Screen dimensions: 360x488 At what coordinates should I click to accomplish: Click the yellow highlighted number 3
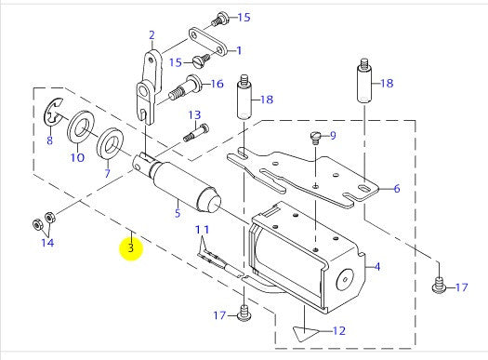(x=132, y=248)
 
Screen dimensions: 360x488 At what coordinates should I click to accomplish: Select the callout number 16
(x=217, y=84)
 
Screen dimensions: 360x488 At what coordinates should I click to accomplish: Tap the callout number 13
(x=194, y=115)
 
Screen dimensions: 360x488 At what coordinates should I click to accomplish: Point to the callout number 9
(x=333, y=136)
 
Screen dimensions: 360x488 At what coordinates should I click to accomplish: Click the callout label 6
(x=396, y=189)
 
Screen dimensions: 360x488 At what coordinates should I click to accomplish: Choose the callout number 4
(x=377, y=267)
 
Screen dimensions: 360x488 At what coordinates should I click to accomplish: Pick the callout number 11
(x=202, y=229)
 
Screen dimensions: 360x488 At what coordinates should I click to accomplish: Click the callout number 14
(x=46, y=243)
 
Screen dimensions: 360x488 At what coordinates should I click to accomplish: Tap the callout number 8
(x=49, y=141)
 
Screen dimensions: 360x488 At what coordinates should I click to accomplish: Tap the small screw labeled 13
(x=191, y=135)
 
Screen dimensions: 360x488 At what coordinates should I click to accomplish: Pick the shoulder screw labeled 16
(x=184, y=91)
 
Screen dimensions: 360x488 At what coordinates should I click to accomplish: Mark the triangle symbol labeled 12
(x=302, y=330)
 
